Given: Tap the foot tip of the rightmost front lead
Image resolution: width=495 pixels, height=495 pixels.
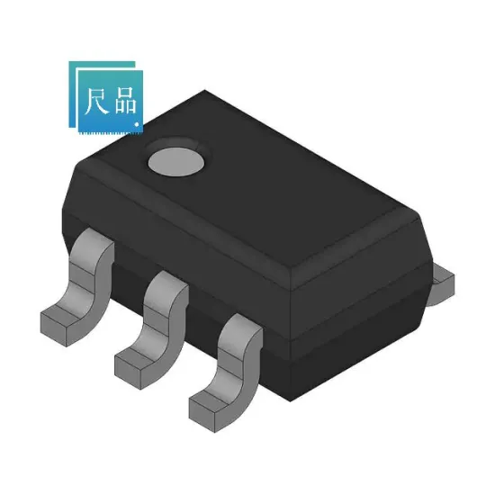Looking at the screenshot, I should [x=205, y=406].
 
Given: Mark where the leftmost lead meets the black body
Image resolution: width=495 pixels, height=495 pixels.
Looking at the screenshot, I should [x=94, y=236].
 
